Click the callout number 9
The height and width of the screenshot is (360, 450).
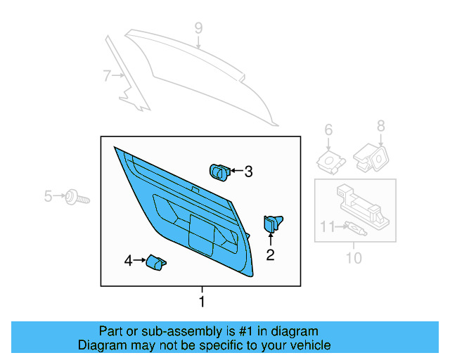tap(198, 28)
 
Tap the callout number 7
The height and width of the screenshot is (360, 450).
tap(107, 76)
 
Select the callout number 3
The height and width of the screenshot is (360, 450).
tap(247, 171)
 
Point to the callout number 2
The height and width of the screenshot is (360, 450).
tap(270, 255)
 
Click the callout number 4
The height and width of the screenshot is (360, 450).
tap(128, 261)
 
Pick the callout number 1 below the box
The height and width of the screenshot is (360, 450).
tap(202, 302)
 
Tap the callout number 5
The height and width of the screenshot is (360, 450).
tap(49, 196)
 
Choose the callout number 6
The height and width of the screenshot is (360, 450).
tap(328, 129)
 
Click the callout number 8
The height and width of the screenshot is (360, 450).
tap(380, 126)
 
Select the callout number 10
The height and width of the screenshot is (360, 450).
tap(354, 258)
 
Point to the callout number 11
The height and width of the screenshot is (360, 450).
tap(326, 226)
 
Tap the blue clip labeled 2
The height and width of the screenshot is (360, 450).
tap(271, 224)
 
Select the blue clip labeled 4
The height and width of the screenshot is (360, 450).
tap(155, 262)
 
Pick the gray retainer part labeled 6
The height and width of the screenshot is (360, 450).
tap(329, 161)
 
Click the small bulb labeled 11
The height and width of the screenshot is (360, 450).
tap(354, 229)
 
